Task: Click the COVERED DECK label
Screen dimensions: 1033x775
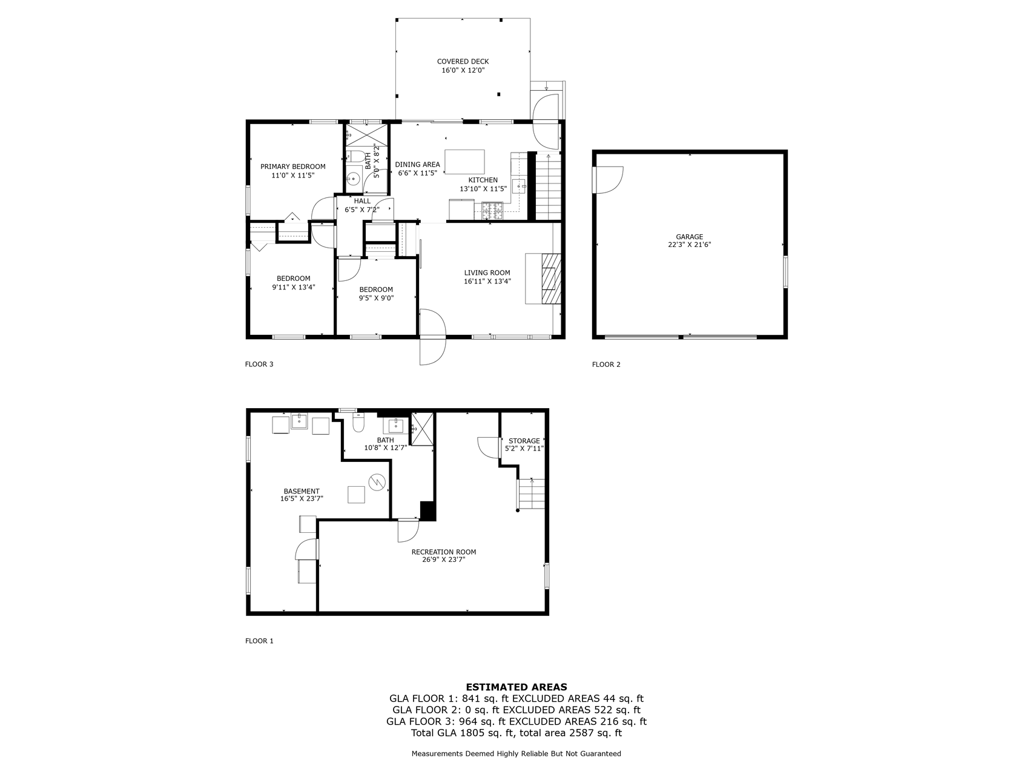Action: [x=463, y=61]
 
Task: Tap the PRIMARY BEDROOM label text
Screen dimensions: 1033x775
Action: [x=293, y=167]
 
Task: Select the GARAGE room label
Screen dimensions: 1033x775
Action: [x=690, y=237]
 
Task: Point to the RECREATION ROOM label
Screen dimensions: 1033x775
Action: [x=444, y=552]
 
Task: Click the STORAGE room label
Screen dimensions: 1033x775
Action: [x=524, y=441]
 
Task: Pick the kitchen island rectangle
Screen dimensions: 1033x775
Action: [x=464, y=162]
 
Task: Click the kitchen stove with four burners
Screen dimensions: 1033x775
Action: [x=492, y=211]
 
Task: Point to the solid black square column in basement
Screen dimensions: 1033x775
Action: [x=427, y=510]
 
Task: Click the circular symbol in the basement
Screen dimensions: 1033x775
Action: [x=377, y=482]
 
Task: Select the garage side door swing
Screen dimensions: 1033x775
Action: [x=609, y=180]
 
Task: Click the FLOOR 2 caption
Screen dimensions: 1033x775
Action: [x=606, y=364]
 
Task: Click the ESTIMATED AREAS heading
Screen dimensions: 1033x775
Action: [x=516, y=687]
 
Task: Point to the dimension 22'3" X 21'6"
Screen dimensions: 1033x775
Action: [x=690, y=245]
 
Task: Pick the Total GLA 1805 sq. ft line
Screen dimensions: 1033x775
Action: [x=516, y=733]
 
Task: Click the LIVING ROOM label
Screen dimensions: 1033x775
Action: [x=487, y=272]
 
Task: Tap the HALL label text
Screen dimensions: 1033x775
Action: [x=362, y=201]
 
